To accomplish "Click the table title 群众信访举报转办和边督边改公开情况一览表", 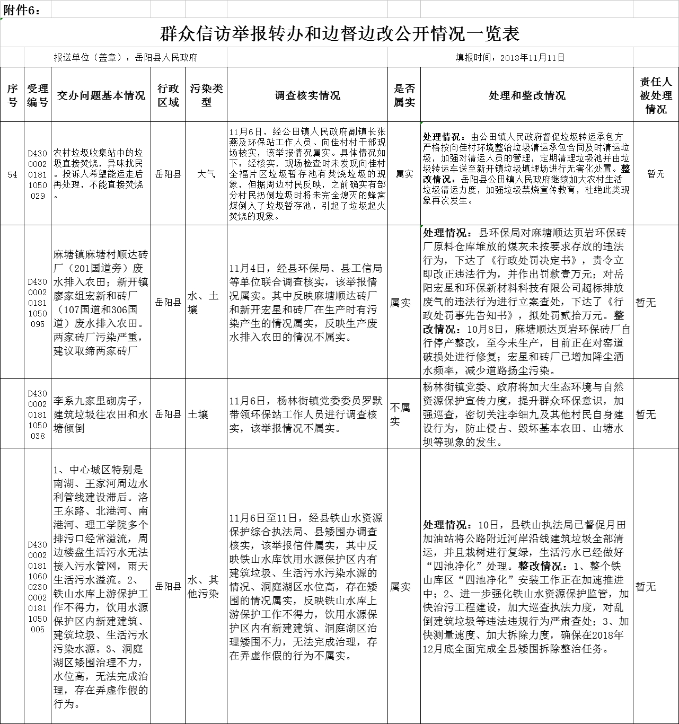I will point(339,34).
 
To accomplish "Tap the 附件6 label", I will point(21,10).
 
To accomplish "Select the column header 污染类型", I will point(206,95).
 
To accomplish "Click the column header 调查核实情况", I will point(307,95).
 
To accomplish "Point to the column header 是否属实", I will point(404,95).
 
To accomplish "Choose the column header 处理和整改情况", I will point(527,95).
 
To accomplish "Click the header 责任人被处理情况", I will point(656,95).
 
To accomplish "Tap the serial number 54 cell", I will point(12,174).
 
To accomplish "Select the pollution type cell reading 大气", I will point(206,174).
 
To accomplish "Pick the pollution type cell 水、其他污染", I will point(203,587).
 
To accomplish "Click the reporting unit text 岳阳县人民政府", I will point(166,57).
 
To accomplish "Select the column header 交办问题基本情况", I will point(101,95).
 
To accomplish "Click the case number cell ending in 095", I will point(38,303).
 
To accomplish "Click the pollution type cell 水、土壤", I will point(203,303).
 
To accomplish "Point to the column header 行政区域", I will point(168,95).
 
